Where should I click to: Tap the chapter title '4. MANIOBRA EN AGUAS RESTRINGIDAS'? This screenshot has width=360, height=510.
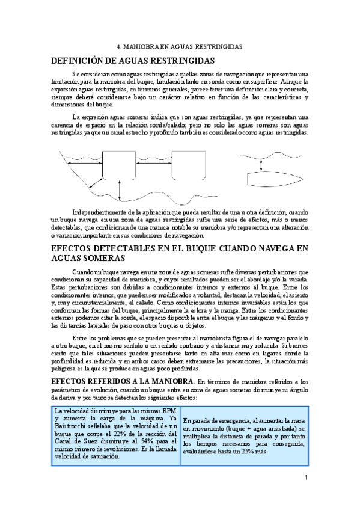tap(179, 46)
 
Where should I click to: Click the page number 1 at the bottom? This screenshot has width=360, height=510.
tap(306, 478)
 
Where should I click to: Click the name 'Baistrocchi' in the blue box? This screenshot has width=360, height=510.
tap(68, 426)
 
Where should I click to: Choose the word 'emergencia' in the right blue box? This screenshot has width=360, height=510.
tap(232, 420)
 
